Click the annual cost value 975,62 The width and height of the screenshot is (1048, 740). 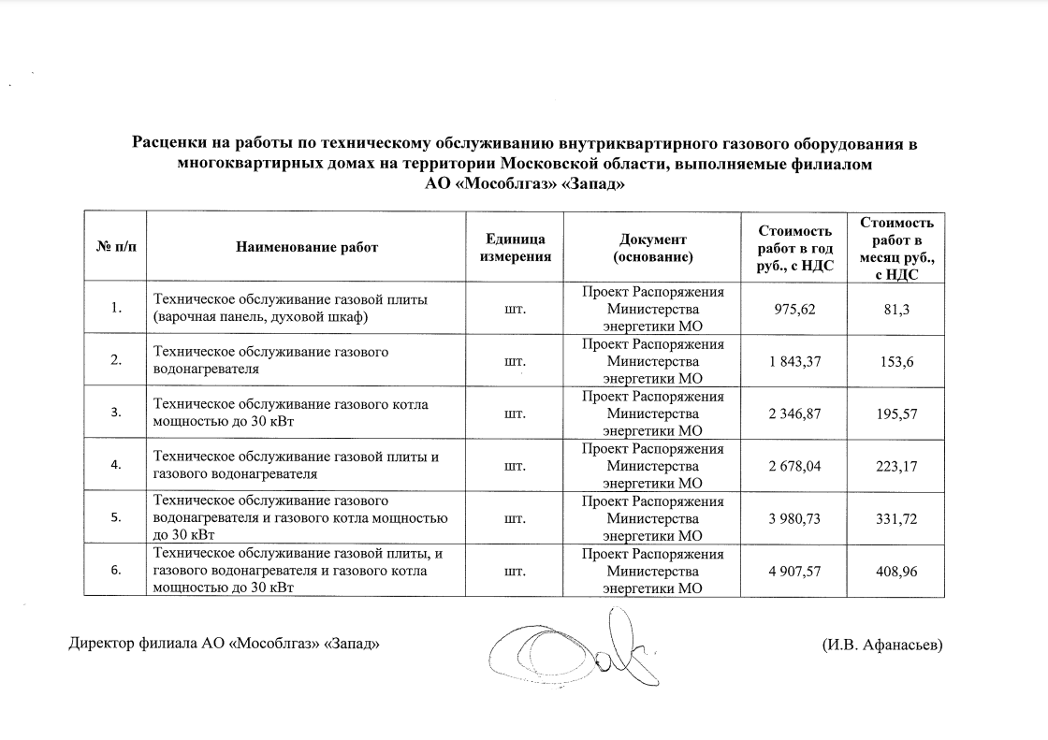click(x=794, y=309)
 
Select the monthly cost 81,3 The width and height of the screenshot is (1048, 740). click(x=895, y=309)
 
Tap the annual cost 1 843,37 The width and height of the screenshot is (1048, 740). click(x=794, y=361)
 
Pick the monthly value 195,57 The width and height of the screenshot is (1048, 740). click(x=895, y=414)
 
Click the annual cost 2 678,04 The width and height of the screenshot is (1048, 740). click(x=794, y=466)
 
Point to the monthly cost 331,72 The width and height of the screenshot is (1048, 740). click(x=895, y=518)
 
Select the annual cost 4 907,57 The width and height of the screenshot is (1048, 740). click(x=794, y=571)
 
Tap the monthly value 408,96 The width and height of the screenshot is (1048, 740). click(x=895, y=571)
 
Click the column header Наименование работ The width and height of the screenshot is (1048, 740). click(x=306, y=247)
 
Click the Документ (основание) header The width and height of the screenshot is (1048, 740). click(x=652, y=247)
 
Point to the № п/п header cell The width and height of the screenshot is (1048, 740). click(x=115, y=247)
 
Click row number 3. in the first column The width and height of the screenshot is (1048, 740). click(x=115, y=414)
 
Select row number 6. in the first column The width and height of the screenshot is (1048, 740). click(x=115, y=571)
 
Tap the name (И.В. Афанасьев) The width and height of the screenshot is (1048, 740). click(x=881, y=644)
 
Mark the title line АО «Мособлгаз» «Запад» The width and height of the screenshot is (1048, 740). click(x=524, y=184)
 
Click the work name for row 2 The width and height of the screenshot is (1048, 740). click(x=271, y=360)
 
